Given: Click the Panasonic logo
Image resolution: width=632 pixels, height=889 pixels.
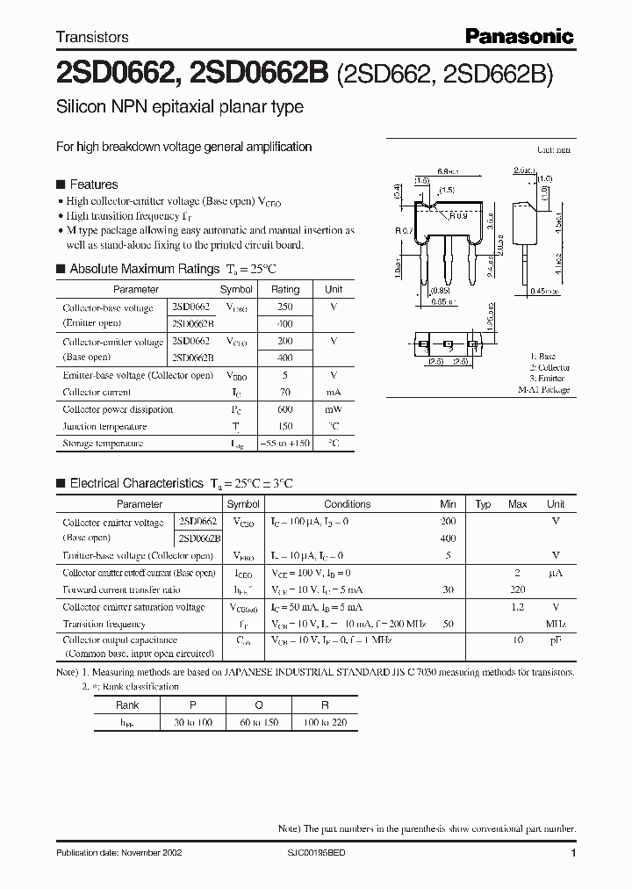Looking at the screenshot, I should (519, 36).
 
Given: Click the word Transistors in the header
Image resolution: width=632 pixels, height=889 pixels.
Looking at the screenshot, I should (92, 37).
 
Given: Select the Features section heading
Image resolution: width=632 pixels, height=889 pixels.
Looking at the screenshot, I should (93, 184).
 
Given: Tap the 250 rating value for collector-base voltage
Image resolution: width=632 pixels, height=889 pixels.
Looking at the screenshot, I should (285, 307).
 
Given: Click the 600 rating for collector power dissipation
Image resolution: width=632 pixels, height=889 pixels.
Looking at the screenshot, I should (285, 409).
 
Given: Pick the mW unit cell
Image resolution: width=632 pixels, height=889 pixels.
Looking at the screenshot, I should (334, 409).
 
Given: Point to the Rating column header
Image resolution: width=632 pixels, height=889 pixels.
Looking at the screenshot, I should (285, 289).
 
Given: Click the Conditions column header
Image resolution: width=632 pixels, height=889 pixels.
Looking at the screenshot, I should (348, 504).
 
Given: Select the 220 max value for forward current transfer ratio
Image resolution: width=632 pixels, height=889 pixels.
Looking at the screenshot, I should (518, 590).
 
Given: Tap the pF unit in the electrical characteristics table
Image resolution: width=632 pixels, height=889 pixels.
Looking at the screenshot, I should (556, 641).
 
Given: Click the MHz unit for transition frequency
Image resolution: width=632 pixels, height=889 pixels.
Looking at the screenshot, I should (556, 624).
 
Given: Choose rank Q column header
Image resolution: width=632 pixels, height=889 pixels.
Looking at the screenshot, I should (259, 705).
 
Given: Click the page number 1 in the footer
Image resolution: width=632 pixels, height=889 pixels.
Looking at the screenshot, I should (573, 854).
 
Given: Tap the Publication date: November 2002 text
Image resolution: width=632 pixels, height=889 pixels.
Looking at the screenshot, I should (117, 854).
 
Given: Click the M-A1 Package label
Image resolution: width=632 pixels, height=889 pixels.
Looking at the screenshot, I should (543, 389).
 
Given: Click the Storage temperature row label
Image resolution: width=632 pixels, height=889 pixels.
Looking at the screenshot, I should (103, 444).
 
